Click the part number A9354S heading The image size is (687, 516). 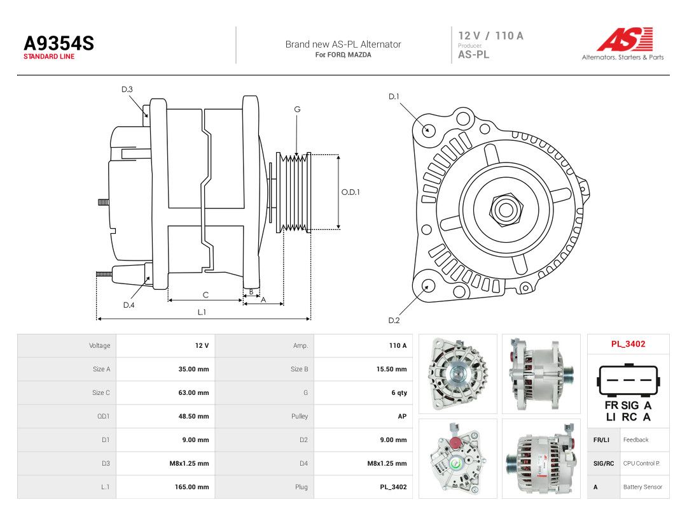point(59,43)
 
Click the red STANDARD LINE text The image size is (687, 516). point(49,57)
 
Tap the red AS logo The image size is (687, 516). point(625,39)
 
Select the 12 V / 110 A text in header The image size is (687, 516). point(490,36)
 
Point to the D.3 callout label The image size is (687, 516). point(127,90)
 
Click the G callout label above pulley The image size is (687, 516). point(297,110)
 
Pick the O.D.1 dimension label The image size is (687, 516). point(350,192)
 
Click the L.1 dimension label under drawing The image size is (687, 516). point(202,312)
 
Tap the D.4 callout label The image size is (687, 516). point(128,305)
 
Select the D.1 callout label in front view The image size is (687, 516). point(394,97)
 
